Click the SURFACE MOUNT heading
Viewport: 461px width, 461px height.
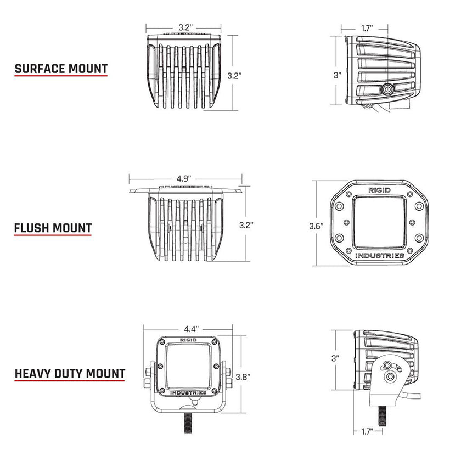click(x=61, y=69)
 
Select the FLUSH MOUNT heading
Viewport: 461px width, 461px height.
click(x=53, y=227)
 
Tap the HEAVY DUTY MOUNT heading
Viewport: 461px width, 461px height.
click(x=70, y=374)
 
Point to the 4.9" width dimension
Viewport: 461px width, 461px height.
click(x=184, y=178)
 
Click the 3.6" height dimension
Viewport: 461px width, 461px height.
click(x=317, y=226)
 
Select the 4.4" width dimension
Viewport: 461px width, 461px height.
click(x=190, y=329)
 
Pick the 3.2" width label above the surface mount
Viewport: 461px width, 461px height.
click(x=185, y=27)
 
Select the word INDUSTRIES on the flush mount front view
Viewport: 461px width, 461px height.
click(x=380, y=256)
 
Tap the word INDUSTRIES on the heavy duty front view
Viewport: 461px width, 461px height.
click(x=188, y=393)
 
